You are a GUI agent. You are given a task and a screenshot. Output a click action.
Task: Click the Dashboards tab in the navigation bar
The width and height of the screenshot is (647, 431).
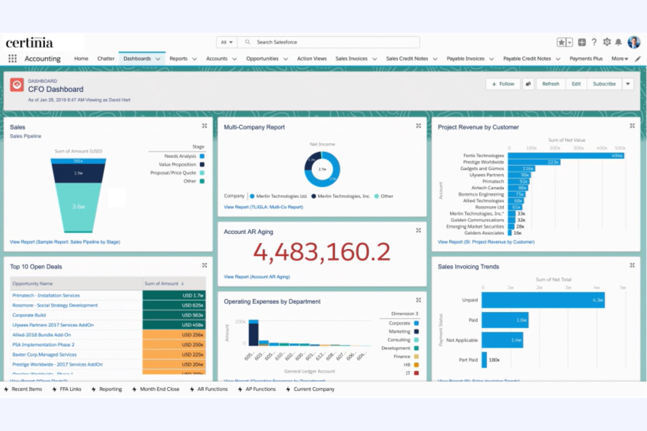tap(137, 59)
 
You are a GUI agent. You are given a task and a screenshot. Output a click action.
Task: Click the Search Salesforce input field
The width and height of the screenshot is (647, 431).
tap(332, 42)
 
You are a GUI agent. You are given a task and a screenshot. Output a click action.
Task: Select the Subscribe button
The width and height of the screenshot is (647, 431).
tap(604, 84)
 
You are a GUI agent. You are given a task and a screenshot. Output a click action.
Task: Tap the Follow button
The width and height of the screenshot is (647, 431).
tap(503, 84)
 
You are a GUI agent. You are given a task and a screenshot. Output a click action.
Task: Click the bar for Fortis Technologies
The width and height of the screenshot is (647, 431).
tap(566, 155)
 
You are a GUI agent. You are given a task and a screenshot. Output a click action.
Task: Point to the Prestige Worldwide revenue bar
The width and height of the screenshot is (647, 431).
tap(534, 162)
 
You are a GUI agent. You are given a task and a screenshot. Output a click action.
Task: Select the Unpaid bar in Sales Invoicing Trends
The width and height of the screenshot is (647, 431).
tap(543, 300)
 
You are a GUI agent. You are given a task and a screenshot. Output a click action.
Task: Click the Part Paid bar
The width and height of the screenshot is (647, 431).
tap(484, 360)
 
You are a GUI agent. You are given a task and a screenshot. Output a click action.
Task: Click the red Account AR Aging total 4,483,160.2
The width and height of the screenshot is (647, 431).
tap(322, 252)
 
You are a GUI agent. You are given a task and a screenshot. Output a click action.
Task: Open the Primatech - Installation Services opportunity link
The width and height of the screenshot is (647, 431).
tap(46, 296)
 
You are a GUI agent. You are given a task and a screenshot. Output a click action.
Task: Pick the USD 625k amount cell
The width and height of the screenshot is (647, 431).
tap(174, 305)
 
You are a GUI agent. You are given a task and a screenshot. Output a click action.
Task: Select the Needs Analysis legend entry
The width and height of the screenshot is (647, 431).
tap(180, 156)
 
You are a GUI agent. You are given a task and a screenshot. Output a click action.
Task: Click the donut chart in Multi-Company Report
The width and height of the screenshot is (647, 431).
tap(322, 169)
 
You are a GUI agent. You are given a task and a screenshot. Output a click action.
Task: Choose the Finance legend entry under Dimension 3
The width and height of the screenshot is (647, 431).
tap(402, 356)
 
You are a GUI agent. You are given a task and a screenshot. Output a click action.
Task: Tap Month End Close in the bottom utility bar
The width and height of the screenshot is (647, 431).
tap(160, 389)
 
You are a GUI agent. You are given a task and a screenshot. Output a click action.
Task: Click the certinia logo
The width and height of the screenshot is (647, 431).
tap(29, 42)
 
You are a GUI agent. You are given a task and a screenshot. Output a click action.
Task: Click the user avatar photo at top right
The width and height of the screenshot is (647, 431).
tap(633, 42)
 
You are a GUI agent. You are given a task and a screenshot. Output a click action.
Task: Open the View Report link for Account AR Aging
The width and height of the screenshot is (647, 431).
tap(257, 277)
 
